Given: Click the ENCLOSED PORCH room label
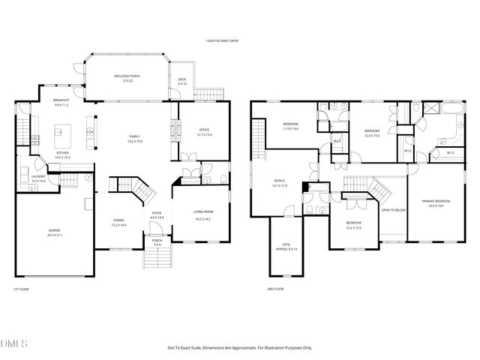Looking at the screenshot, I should point(126,76).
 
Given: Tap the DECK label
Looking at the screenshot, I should point(182,79).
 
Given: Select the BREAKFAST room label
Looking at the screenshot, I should point(61,101).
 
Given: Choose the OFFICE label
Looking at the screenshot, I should point(203,130).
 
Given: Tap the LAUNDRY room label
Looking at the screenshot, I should point(39,177).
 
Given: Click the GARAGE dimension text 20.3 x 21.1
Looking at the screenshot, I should point(55,235).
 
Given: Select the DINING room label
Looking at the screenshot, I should point(118,220).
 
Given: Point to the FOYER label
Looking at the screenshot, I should point(157,213).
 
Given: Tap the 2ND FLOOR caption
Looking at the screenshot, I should point(275,289).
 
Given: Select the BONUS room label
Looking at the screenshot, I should point(280,181).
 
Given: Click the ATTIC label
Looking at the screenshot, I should point(289,245).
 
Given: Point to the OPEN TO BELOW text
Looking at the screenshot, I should point(393,210).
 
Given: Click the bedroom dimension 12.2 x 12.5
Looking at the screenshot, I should point(353,227).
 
